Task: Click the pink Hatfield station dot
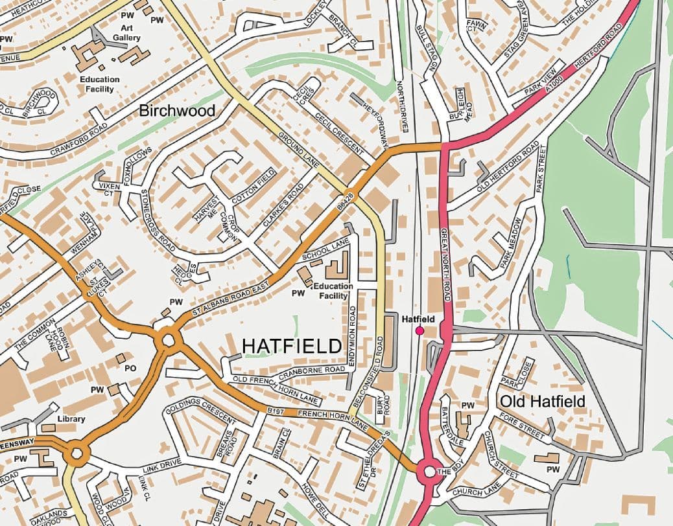pos(419,331)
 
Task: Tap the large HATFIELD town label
pos(291,347)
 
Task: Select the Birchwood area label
pos(177,111)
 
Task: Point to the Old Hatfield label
pos(542,402)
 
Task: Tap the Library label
pos(71,419)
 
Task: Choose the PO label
pos(130,368)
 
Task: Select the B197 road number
pos(276,410)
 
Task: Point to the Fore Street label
pos(522,429)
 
